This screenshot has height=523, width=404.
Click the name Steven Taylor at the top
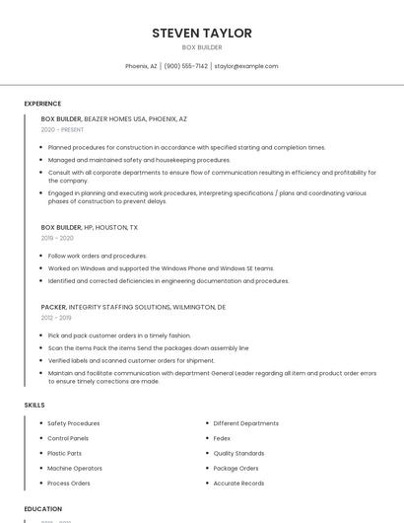[x=202, y=33]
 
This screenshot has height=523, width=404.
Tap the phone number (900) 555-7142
[x=185, y=66]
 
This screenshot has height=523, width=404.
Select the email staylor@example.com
[x=246, y=66]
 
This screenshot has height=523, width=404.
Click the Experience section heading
[x=42, y=104]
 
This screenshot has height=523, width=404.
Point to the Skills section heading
[x=34, y=405]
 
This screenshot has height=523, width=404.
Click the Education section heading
[x=43, y=509]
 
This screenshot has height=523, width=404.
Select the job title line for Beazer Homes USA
[x=114, y=118]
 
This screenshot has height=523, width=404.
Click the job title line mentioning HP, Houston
[x=90, y=227]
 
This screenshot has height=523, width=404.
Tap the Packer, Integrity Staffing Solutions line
[x=133, y=307]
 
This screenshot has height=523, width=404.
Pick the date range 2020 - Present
[x=62, y=129]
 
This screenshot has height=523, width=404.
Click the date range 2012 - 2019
[x=56, y=318]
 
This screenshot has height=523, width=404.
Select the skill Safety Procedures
[x=74, y=423]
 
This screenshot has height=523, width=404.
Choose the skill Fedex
[x=222, y=438]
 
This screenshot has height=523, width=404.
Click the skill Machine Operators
[x=75, y=468]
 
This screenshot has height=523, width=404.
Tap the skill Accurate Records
[x=238, y=484]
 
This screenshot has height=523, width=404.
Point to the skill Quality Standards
[x=238, y=453]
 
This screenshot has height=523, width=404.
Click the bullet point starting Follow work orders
[x=98, y=256]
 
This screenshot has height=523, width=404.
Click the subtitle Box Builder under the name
[x=202, y=47]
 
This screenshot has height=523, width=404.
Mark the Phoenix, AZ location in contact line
[x=141, y=66]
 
